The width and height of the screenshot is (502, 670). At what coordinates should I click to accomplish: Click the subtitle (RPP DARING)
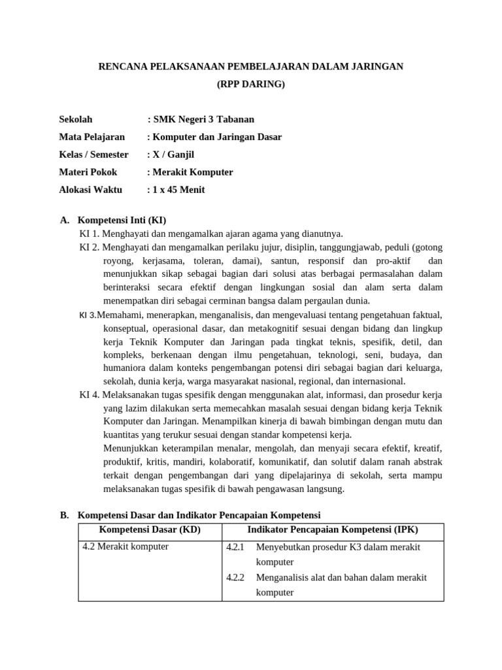251,84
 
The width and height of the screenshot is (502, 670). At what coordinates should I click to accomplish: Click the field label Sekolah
76,119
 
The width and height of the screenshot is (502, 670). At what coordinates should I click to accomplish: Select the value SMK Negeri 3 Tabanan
203,119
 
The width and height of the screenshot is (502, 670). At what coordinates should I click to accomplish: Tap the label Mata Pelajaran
92,137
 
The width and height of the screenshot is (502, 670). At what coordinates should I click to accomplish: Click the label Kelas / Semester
93,154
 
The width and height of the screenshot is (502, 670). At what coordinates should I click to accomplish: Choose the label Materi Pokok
88,172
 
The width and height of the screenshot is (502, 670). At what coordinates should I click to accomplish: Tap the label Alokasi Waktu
90,190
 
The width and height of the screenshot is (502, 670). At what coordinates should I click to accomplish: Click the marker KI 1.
89,234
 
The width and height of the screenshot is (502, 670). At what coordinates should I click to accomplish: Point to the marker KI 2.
89,247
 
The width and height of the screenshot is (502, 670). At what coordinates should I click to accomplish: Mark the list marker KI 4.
89,395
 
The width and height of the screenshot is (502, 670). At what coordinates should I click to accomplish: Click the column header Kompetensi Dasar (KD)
150,529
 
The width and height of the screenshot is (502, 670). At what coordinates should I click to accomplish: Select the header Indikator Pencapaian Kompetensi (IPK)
333,529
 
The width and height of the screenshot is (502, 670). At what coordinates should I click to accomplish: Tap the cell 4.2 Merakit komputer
125,546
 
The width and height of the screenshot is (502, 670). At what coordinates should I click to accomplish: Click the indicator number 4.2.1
235,547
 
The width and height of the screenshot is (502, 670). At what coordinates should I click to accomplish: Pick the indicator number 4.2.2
235,578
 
